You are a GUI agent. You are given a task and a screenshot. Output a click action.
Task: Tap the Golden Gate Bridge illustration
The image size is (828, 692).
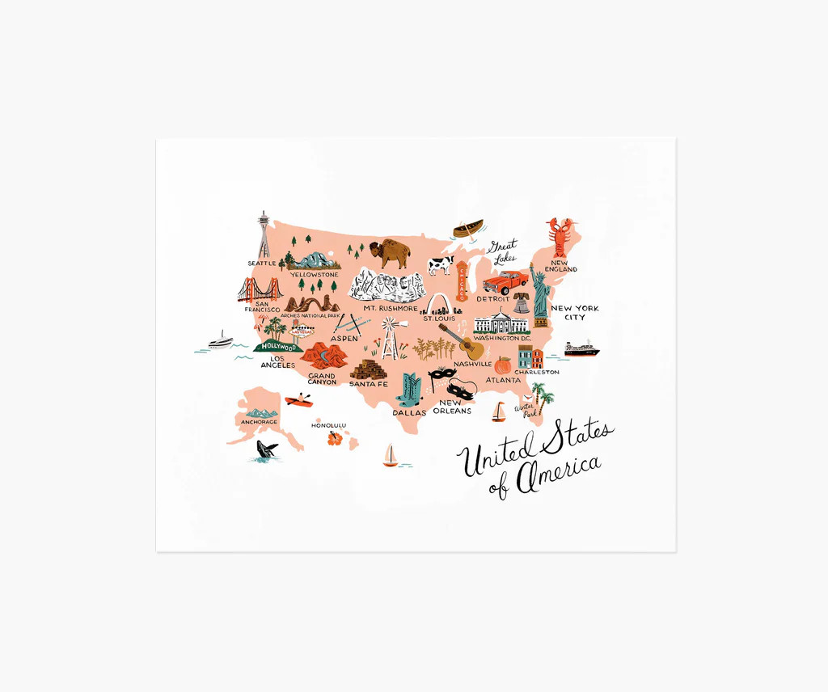(x=258, y=289)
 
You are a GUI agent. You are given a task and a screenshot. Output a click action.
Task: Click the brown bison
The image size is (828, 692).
(x=390, y=254)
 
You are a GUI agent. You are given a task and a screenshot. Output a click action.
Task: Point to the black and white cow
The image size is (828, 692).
(x=441, y=265)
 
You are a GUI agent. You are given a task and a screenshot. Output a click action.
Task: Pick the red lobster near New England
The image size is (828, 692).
(x=559, y=237)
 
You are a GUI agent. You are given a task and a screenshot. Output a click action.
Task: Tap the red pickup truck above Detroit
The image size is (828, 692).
(x=505, y=283)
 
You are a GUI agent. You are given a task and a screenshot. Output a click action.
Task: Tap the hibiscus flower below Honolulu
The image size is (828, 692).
(x=334, y=439)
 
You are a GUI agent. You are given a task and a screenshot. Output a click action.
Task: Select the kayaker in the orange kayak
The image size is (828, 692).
(x=298, y=399)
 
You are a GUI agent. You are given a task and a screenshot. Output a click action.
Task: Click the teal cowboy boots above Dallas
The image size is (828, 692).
(x=411, y=390)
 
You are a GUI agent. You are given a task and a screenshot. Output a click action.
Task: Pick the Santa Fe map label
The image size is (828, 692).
(x=369, y=384)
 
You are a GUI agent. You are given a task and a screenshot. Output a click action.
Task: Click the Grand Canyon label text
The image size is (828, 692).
(x=322, y=378)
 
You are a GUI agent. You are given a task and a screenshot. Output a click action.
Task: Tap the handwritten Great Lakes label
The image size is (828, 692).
(x=502, y=251)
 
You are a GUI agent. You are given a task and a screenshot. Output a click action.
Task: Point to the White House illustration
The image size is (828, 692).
(x=501, y=323)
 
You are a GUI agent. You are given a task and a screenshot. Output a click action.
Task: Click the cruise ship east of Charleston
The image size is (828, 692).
(x=582, y=349)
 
